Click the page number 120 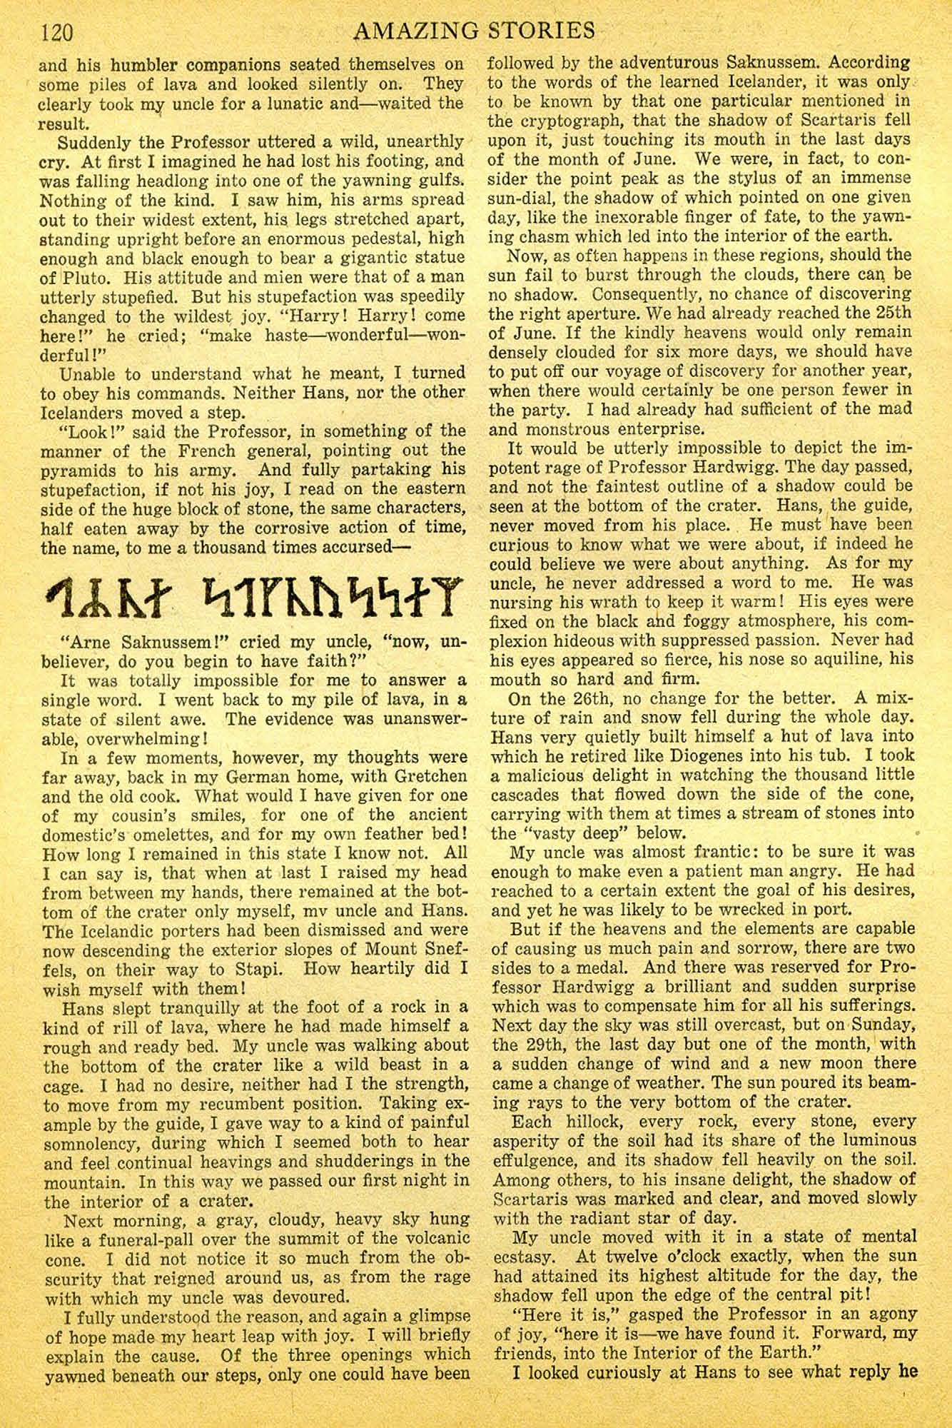pyautogui.click(x=55, y=32)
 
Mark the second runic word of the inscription pyautogui.click(x=321, y=593)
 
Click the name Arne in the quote pyautogui.click(x=89, y=641)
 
